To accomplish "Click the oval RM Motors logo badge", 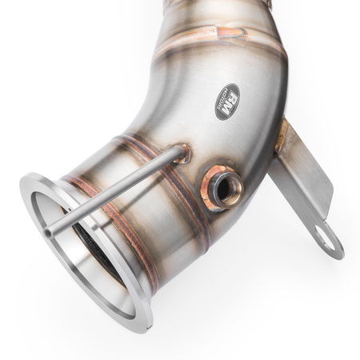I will [226, 102].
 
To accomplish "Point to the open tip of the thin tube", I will [49, 232].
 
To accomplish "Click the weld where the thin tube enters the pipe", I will [181, 153].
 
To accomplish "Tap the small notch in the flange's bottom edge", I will [144, 326].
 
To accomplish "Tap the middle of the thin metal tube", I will [112, 191].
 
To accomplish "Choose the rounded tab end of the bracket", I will [330, 243].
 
